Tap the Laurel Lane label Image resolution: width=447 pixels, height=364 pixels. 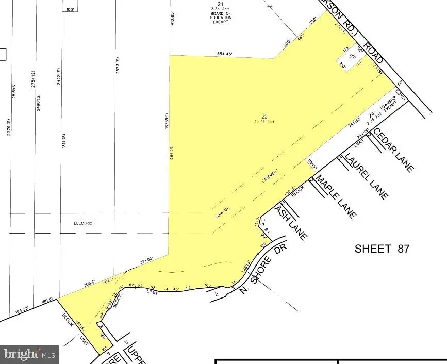pyautogui.click(x=366, y=176)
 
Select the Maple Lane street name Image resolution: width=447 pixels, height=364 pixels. pyautogui.click(x=336, y=196)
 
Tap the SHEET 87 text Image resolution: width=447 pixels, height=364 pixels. pyautogui.click(x=382, y=249)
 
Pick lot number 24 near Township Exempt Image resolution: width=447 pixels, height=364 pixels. pyautogui.click(x=370, y=115)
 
